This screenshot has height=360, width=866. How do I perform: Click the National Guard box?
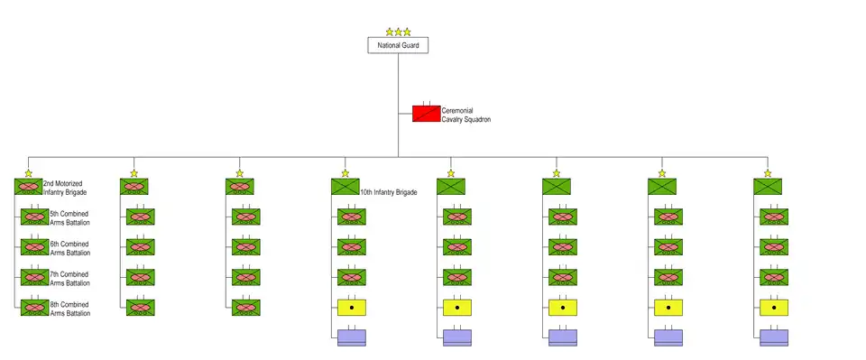[x=398, y=45]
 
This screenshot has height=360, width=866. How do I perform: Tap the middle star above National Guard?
[x=398, y=32]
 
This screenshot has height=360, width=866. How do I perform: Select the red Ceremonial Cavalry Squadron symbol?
[x=427, y=113]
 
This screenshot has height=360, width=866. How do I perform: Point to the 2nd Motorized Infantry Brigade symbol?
[x=29, y=187]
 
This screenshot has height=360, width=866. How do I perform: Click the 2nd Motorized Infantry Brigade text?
[x=65, y=188]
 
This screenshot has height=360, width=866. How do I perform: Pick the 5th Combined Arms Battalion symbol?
[x=35, y=217]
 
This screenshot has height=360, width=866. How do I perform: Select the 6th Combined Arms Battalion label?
[x=69, y=248]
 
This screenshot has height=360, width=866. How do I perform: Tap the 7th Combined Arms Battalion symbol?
[x=35, y=277]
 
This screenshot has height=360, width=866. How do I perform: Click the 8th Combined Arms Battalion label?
[x=69, y=309]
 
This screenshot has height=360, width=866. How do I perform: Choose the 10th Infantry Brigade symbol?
[x=345, y=187]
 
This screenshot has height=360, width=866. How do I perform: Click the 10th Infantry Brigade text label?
[x=388, y=193]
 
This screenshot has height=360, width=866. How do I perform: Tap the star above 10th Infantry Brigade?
[x=345, y=173]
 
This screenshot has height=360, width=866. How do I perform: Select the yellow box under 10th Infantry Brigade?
[x=352, y=308]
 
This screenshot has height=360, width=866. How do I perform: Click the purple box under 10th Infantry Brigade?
[x=352, y=338]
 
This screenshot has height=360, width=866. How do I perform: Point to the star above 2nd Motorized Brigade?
[x=29, y=173]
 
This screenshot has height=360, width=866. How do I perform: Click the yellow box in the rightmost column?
[x=774, y=308]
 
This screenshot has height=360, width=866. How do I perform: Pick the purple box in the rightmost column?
[x=774, y=338]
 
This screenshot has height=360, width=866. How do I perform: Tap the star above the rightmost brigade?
[x=768, y=173]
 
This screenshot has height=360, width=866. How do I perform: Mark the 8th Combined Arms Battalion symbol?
[x=35, y=308]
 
